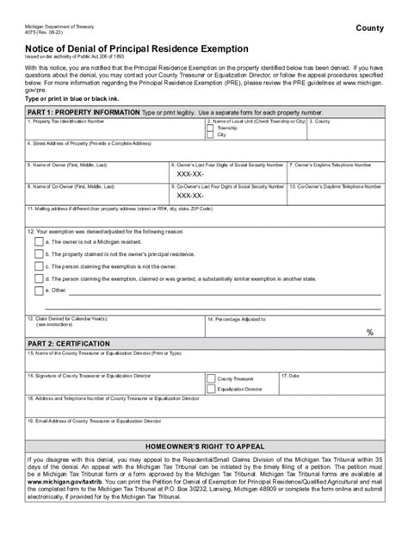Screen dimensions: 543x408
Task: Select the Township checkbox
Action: click(211, 128)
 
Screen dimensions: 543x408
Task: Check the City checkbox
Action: click(211, 135)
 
